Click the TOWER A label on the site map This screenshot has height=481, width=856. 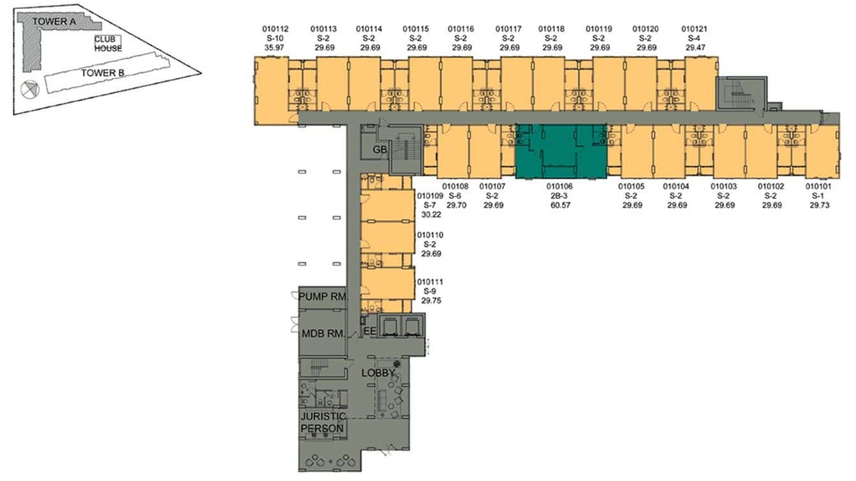pyautogui.click(x=54, y=22)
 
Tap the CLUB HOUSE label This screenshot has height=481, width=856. pyautogui.click(x=108, y=44)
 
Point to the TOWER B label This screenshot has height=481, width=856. pyautogui.click(x=103, y=73)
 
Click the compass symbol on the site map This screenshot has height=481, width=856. pyautogui.click(x=30, y=90)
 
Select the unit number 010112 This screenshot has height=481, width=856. pyautogui.click(x=275, y=29)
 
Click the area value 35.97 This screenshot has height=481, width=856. pyautogui.click(x=274, y=48)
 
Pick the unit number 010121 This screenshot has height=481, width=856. pyautogui.click(x=695, y=29)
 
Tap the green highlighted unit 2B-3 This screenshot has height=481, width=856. pyautogui.click(x=561, y=151)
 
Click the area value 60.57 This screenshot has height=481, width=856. pyautogui.click(x=560, y=205)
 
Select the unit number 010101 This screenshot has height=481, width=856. pyautogui.click(x=818, y=186)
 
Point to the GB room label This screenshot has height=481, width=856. pyautogui.click(x=380, y=150)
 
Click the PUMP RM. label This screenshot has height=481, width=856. pyautogui.click(x=323, y=297)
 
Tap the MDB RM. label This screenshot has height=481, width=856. pyautogui.click(x=323, y=334)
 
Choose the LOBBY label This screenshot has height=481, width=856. pyautogui.click(x=378, y=373)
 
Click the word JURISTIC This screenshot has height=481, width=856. pyautogui.click(x=323, y=417)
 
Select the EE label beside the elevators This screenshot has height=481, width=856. pyautogui.click(x=370, y=331)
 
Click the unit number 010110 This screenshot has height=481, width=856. pyautogui.click(x=431, y=235)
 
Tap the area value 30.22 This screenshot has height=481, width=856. pyautogui.click(x=431, y=215)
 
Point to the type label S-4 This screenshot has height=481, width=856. pyautogui.click(x=694, y=38)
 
